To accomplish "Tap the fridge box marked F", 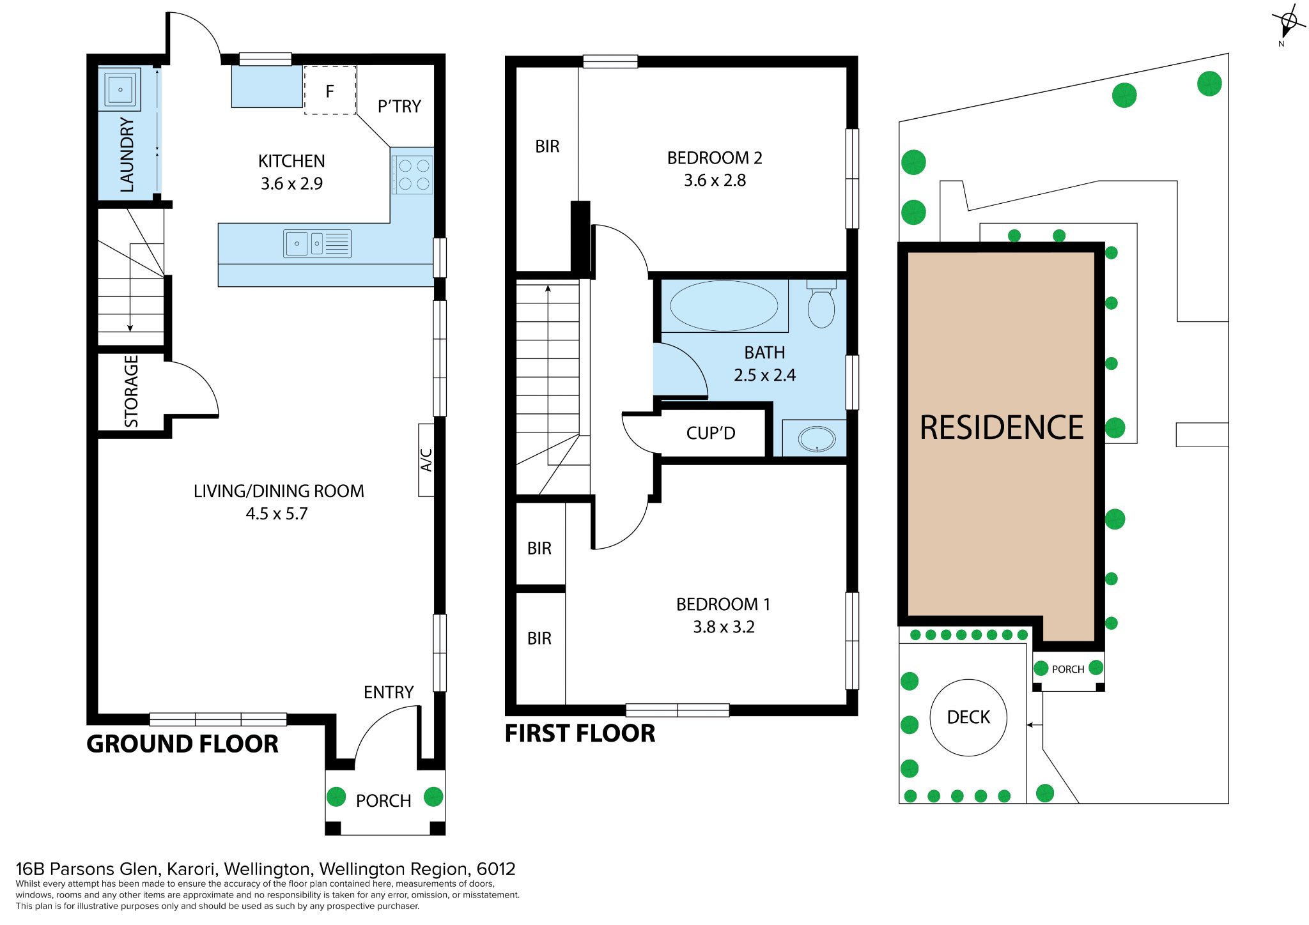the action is (x=330, y=90).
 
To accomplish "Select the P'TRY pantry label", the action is (x=399, y=106).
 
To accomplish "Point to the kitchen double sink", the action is (x=317, y=243).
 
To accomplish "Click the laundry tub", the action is (x=120, y=89).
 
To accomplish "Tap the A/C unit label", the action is (x=426, y=460).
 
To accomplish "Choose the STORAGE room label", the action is (x=131, y=391).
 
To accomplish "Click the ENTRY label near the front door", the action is (x=389, y=692).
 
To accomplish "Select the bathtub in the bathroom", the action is (x=724, y=305).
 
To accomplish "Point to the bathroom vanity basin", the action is (x=816, y=439).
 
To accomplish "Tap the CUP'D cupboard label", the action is (x=711, y=433).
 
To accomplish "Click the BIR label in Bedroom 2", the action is (x=547, y=147).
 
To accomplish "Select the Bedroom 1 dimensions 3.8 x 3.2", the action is (x=724, y=627).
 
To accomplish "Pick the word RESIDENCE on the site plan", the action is (x=1002, y=427).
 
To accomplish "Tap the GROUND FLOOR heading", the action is (x=182, y=744).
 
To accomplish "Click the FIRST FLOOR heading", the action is (x=580, y=733).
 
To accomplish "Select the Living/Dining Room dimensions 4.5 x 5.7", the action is (x=277, y=514).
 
